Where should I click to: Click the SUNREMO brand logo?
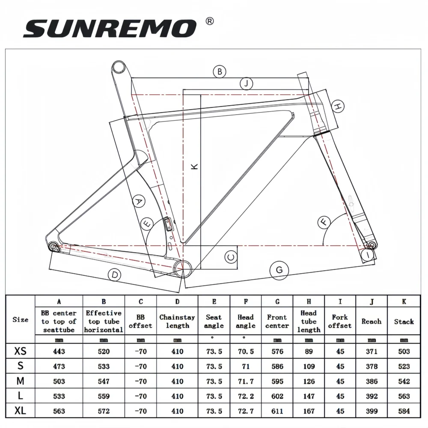pyautogui.click(x=110, y=28)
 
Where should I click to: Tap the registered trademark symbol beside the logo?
pyautogui.click(x=210, y=21)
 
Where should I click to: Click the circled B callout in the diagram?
pyautogui.click(x=220, y=72)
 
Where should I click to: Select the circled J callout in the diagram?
pyautogui.click(x=246, y=83)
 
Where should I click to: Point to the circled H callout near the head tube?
pyautogui.click(x=338, y=106)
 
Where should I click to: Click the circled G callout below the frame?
pyautogui.click(x=279, y=270)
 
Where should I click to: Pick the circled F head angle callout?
pyautogui.click(x=324, y=222)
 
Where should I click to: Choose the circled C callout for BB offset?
pyautogui.click(x=231, y=257)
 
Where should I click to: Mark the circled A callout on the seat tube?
pyautogui.click(x=138, y=201)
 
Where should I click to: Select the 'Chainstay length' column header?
pyautogui.click(x=177, y=321)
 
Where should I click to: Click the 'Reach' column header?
pyautogui.click(x=371, y=321)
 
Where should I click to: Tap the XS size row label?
pyautogui.click(x=20, y=351)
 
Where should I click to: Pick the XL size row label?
pyautogui.click(x=20, y=411)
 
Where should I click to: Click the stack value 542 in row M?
pyautogui.click(x=404, y=381)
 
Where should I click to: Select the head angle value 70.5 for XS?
pyautogui.click(x=246, y=351)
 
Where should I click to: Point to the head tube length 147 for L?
pyautogui.click(x=308, y=396)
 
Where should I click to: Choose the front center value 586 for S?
pyautogui.click(x=277, y=366)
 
